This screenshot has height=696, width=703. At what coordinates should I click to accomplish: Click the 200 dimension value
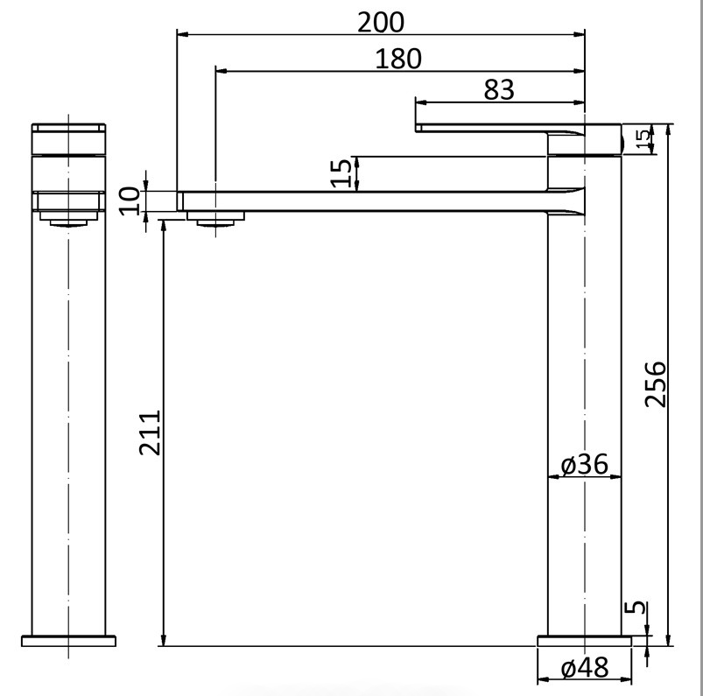pyautogui.click(x=381, y=22)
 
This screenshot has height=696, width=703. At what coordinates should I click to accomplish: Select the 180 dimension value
pyautogui.click(x=398, y=59)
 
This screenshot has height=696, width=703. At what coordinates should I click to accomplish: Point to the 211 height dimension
pyautogui.click(x=150, y=432)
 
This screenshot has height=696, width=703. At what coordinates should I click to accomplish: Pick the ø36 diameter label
pyautogui.click(x=585, y=464)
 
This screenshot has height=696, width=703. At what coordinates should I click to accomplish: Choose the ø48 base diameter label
pyautogui.click(x=585, y=669)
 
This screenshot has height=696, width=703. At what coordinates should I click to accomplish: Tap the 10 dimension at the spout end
pyautogui.click(x=130, y=200)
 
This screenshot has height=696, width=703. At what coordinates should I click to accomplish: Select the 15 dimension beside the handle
pyautogui.click(x=643, y=139)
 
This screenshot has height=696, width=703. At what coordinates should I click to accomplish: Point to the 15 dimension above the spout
pyautogui.click(x=347, y=172)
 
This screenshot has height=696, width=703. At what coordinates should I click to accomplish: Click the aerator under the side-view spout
pyautogui.click(x=217, y=219)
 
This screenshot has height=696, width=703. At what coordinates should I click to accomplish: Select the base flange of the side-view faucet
pyautogui.click(x=584, y=641)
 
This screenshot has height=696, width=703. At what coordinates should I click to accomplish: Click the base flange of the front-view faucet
pyautogui.click(x=69, y=641)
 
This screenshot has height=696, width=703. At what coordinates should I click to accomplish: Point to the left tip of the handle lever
pyautogui.click(x=418, y=128)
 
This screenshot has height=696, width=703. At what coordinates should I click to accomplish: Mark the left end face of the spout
pyautogui.click(x=179, y=200)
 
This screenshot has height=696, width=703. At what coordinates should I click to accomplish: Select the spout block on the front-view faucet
pyautogui.click(x=69, y=201)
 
